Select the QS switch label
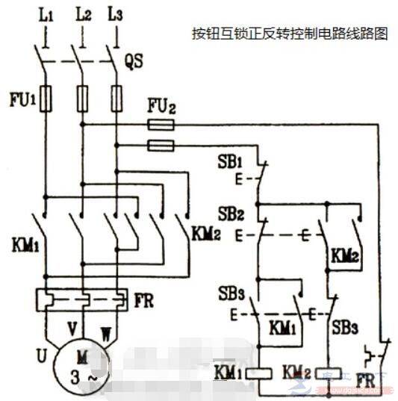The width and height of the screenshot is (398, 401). coord(134,63)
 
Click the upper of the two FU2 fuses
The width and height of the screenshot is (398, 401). coord(161,125)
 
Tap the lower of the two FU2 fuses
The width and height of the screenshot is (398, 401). coord(161,146)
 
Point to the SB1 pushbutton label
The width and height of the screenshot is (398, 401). coord(227,162)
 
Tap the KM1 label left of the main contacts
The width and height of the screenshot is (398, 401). coord(24,244)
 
